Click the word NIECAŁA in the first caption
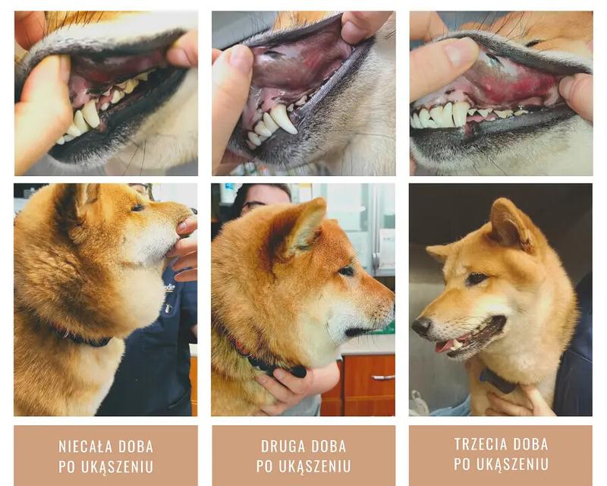tap(85, 447)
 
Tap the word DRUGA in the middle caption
tap(281, 447)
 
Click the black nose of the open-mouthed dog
tap(421, 326)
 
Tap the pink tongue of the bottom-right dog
tap(445, 346)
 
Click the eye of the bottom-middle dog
tap(347, 271)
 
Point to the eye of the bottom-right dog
tap(476, 278)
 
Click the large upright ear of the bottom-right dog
tap(511, 225)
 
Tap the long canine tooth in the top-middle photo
tap(284, 119)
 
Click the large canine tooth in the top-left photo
tap(91, 113)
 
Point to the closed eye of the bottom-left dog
tap(138, 207)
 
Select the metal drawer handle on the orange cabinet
tap(382, 377)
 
